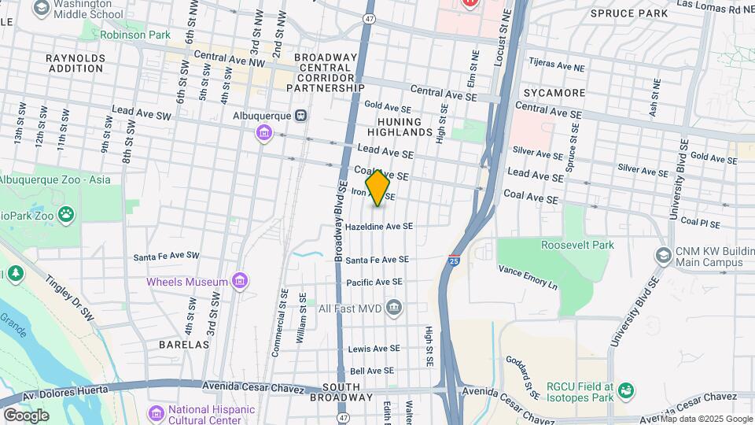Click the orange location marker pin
(378, 188)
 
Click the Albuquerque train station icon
(300, 115)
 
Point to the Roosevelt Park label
(581, 245)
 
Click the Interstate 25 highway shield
(454, 260)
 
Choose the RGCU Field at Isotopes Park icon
(626, 390)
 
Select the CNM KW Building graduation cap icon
(663, 255)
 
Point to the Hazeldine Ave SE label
(379, 227)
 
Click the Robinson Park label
(135, 35)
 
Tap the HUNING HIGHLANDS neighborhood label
(405, 127)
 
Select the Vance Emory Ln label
(527, 276)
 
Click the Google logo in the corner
(26, 415)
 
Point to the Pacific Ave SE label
(374, 281)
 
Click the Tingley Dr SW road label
(70, 296)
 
